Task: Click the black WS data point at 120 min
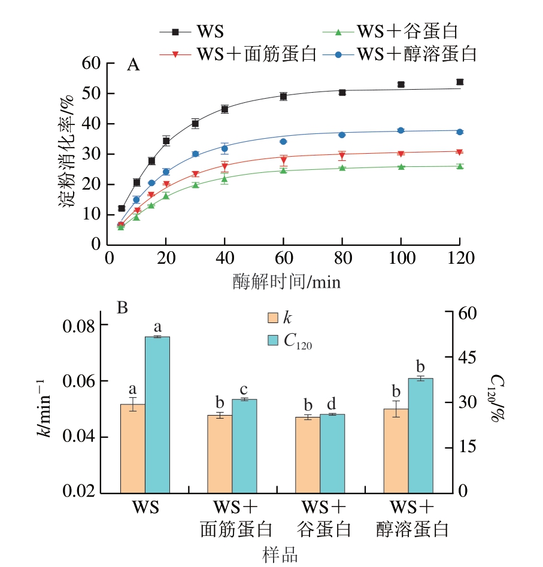460,82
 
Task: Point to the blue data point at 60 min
283,142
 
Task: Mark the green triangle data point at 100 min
401,167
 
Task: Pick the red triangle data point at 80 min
342,156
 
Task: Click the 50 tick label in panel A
89,94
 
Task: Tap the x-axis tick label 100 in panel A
401,258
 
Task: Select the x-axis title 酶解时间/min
286,281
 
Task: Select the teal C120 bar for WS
157,414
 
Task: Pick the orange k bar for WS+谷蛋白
308,455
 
